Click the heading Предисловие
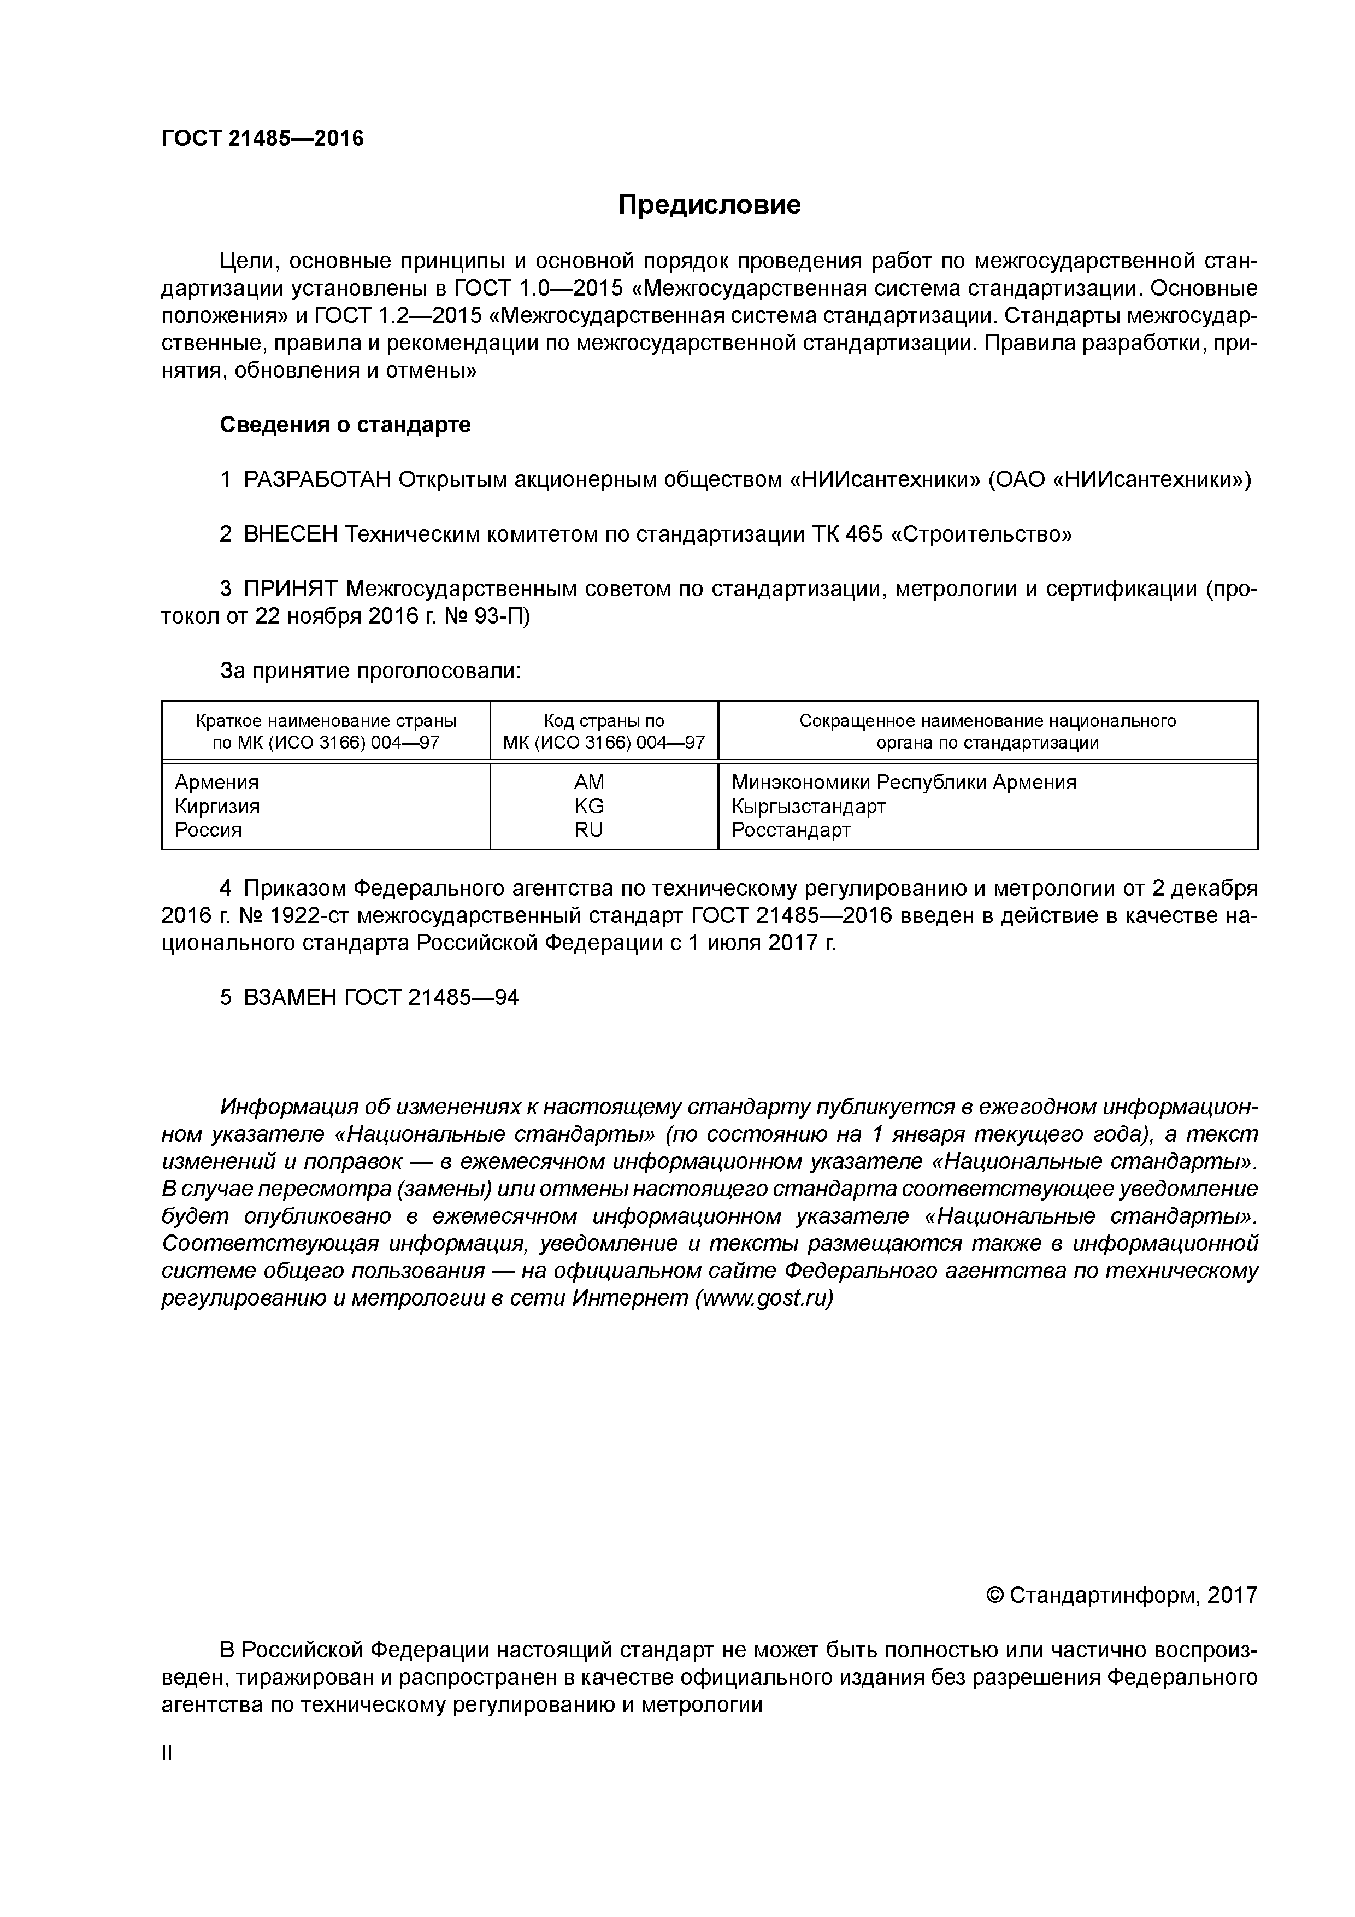click(709, 204)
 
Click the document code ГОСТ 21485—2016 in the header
click(262, 139)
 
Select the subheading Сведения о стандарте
click(345, 425)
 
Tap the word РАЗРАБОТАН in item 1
click(317, 480)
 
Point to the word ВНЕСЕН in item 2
click(290, 534)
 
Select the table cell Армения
click(216, 783)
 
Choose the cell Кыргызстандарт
click(808, 807)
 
